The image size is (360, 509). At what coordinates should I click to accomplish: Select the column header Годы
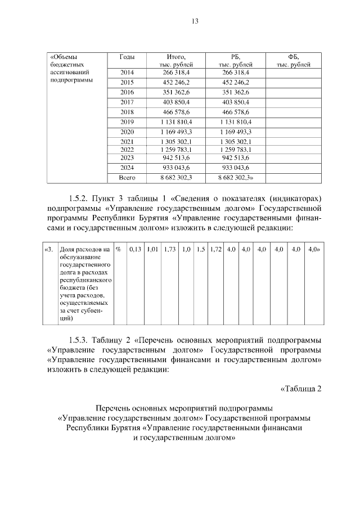tap(127, 57)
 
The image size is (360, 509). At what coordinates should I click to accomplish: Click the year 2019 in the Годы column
tap(127, 121)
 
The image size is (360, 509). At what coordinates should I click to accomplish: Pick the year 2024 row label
tap(127, 168)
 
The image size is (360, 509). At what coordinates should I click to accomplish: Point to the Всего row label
tap(127, 178)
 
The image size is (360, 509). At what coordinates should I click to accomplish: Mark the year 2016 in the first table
tap(127, 92)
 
